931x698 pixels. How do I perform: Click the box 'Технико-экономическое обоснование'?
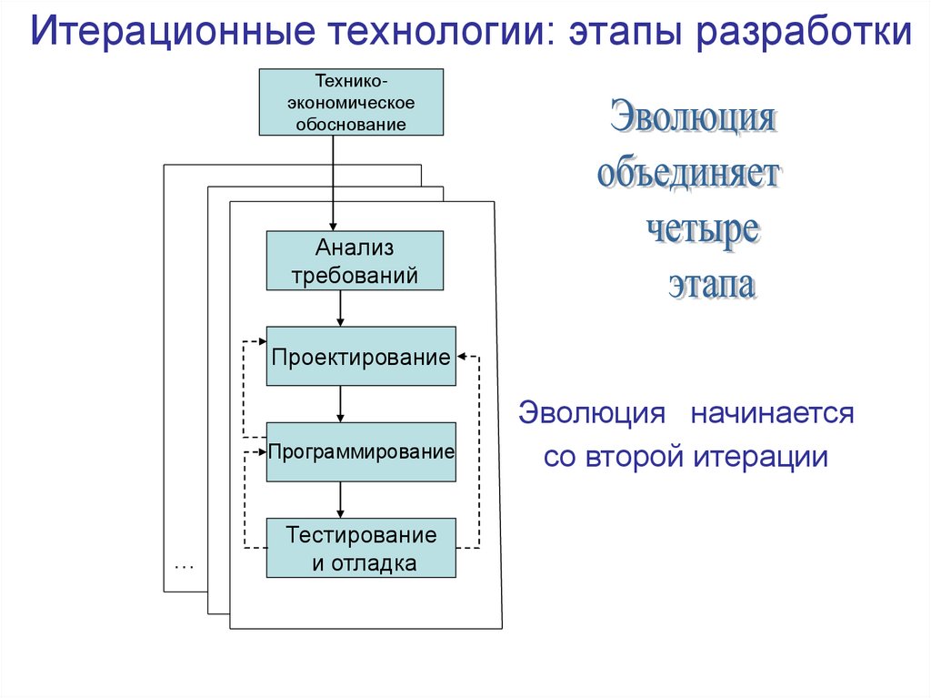351,102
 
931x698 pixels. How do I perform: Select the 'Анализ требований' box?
355,260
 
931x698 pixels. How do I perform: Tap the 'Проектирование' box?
360,357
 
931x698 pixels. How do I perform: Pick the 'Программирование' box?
360,451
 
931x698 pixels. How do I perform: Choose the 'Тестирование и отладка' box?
360,548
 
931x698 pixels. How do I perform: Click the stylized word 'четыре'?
702,228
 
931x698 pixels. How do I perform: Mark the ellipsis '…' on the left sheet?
185,565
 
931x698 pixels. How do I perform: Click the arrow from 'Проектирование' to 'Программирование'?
340,404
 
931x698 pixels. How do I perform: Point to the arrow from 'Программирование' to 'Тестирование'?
340,500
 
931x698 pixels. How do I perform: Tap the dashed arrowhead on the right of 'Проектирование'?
463,356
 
